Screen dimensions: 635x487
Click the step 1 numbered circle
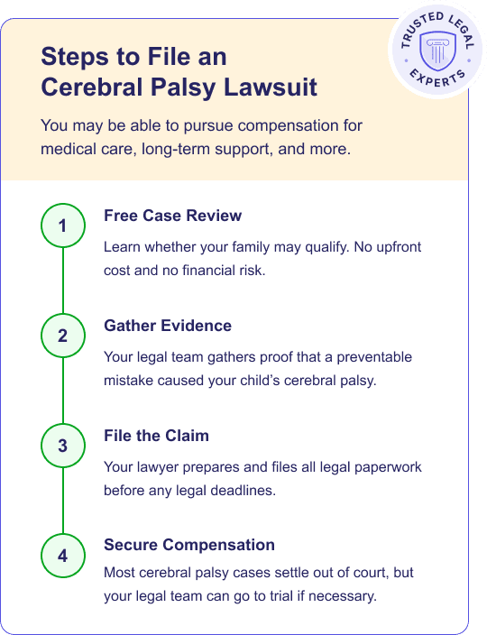[x=62, y=226]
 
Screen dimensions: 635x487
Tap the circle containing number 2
[x=62, y=336]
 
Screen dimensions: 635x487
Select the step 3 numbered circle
[x=62, y=446]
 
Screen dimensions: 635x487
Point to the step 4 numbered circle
[x=62, y=556]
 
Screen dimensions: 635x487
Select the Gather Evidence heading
[x=168, y=327]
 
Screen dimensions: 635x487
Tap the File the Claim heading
[x=156, y=436]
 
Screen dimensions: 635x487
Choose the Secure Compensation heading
[x=189, y=545]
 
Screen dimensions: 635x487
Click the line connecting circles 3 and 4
[x=62, y=501]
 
